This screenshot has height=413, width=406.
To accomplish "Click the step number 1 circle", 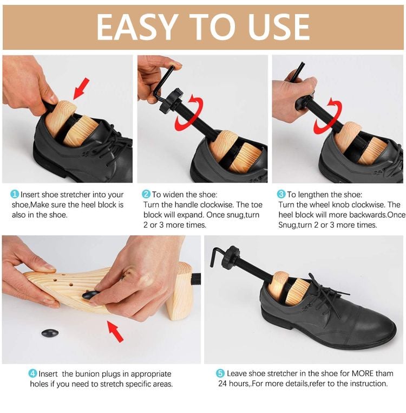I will coord(15,194).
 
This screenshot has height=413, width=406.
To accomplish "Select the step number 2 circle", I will coord(146,194).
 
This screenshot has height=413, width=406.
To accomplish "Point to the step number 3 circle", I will coord(281,194).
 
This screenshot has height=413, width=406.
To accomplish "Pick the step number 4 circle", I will coord(32,373).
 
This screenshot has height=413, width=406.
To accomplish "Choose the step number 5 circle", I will coord(220,373).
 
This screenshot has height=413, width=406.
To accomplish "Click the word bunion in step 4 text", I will coord(90,373).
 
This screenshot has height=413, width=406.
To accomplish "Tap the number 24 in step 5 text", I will coord(223,384).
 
